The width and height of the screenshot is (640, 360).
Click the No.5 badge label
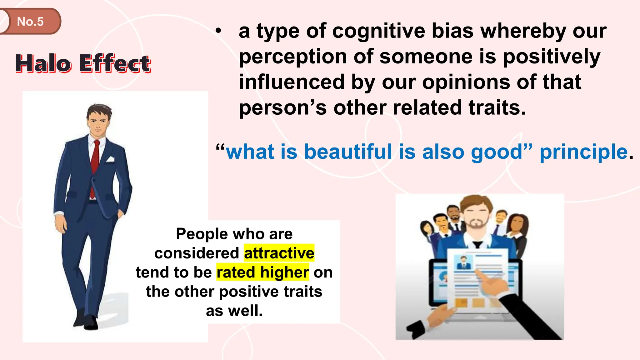[30, 22]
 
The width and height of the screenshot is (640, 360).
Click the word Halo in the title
[43, 63]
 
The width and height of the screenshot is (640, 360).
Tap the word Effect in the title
[115, 63]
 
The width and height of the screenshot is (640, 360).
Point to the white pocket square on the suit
[110, 160]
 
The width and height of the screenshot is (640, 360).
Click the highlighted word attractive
[279, 253]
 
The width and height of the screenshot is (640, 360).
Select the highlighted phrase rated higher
[262, 272]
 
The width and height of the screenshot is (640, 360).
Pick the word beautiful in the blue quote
[348, 152]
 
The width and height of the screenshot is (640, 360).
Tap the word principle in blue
[584, 152]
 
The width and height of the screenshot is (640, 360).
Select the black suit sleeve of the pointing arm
[528, 316]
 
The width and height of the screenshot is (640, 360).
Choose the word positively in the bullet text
[551, 57]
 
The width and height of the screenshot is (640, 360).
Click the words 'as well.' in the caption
[234, 311]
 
